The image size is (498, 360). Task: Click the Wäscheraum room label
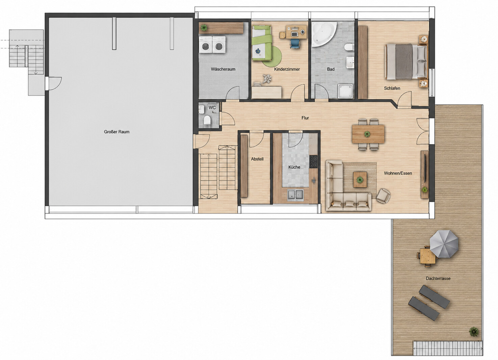223,69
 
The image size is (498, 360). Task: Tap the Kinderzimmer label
287,69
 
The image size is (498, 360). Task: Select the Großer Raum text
116,132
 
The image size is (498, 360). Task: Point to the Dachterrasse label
438,278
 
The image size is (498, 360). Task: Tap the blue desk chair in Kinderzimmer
295,44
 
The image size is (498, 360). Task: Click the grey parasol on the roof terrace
444,244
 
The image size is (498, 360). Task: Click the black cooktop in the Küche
313,161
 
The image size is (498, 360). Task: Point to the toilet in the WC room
207,120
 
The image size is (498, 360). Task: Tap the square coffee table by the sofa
360,179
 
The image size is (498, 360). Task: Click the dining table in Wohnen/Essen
368,134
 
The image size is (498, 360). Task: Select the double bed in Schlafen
406,61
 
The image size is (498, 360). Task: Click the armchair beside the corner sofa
383,196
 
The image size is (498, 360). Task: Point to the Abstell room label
257,159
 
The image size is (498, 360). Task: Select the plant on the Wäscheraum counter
204,28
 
